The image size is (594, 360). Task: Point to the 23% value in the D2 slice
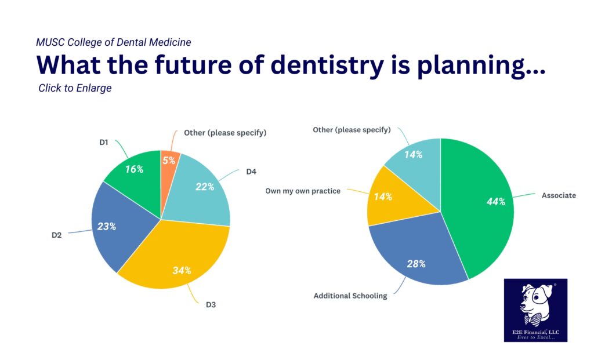(107, 226)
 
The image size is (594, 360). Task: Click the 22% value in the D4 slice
(205, 187)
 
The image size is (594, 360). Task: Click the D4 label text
(251, 172)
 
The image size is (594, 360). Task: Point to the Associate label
(559, 195)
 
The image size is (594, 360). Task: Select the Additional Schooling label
(350, 296)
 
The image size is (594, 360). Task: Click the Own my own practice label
(302, 191)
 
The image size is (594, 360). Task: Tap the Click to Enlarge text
(75, 88)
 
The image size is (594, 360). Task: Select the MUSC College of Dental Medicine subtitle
(113, 42)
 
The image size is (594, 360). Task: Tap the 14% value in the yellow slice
(383, 197)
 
